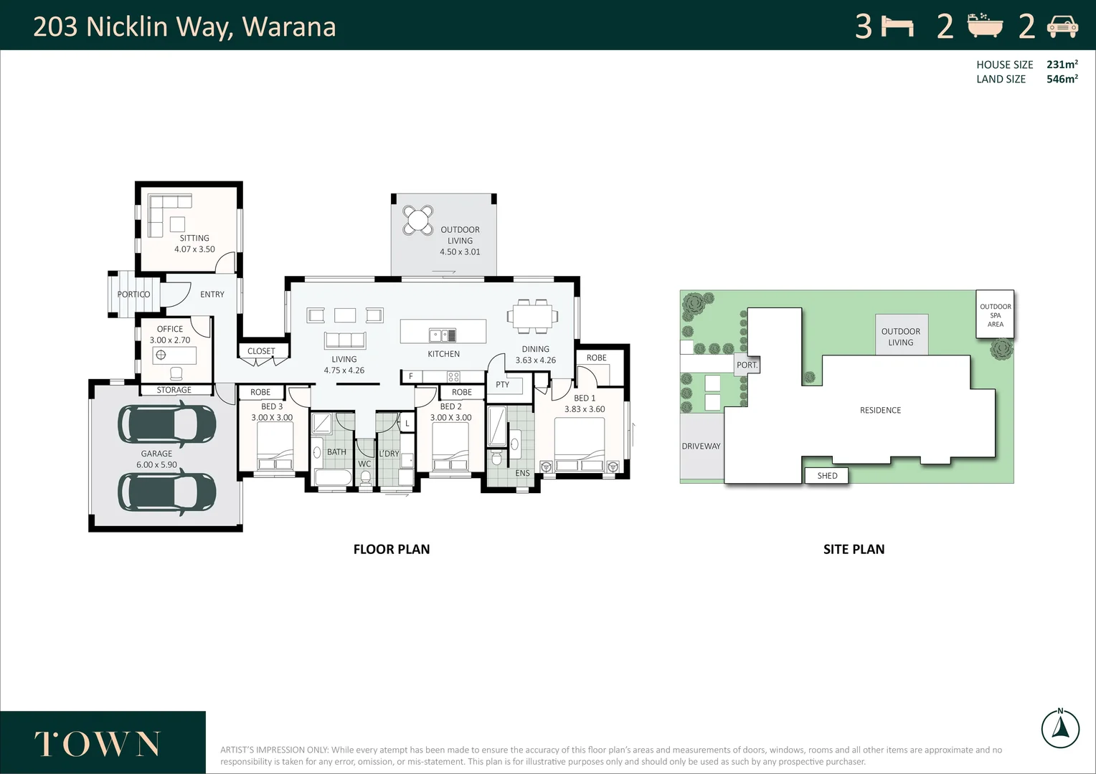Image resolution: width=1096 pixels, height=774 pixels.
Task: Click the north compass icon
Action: (x=1060, y=728)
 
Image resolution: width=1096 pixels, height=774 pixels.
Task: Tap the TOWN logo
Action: (x=98, y=744)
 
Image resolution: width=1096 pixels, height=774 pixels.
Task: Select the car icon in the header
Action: (x=1062, y=27)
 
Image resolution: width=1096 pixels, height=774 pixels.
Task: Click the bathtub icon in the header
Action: (x=985, y=26)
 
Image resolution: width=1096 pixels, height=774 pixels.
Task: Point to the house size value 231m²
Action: (x=1062, y=64)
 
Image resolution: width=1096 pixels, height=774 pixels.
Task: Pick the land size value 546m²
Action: (x=1062, y=80)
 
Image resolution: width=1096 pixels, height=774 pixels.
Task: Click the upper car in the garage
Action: (x=167, y=424)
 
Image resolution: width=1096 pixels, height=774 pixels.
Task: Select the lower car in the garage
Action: (x=167, y=492)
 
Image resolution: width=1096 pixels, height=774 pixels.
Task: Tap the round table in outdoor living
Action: (x=417, y=220)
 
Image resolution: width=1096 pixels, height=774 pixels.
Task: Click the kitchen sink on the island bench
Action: (x=443, y=335)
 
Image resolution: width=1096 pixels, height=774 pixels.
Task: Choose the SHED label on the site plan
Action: (x=827, y=476)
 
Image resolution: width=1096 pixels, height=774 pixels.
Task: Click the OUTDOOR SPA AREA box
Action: (x=995, y=315)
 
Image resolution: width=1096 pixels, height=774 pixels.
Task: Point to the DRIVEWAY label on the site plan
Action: (x=701, y=446)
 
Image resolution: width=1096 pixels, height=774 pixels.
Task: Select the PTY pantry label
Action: (x=502, y=385)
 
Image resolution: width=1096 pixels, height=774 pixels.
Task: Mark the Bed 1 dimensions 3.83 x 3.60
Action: (x=585, y=409)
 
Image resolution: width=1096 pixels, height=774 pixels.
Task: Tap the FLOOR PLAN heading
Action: (x=392, y=550)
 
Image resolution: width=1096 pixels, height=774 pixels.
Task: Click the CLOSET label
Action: (x=261, y=351)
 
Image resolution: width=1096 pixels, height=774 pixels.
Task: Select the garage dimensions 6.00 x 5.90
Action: (x=156, y=465)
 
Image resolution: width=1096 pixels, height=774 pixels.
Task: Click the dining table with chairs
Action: (x=532, y=315)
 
